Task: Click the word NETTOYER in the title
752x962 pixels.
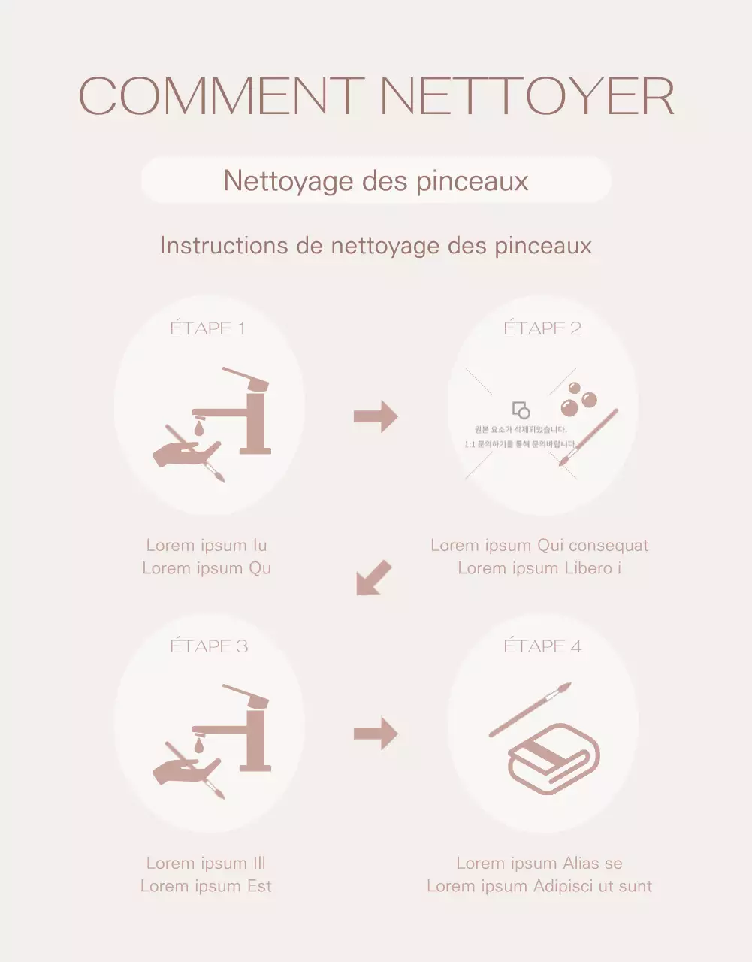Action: tap(527, 96)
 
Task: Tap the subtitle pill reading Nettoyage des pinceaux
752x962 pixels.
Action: tap(376, 180)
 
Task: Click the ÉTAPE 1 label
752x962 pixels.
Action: tap(207, 328)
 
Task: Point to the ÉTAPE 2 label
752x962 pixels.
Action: tap(542, 328)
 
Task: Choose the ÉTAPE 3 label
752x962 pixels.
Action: tap(209, 646)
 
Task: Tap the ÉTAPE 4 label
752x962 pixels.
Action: tap(542, 646)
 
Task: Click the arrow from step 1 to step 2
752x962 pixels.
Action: tap(376, 416)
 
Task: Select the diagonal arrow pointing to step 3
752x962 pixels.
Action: tap(373, 578)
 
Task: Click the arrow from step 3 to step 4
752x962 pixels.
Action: tap(376, 734)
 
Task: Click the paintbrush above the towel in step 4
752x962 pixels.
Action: tap(530, 709)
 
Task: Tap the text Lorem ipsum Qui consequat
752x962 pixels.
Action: tap(539, 546)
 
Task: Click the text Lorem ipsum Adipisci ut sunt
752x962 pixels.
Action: tap(539, 886)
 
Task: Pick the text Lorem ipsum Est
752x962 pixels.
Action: tap(206, 886)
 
